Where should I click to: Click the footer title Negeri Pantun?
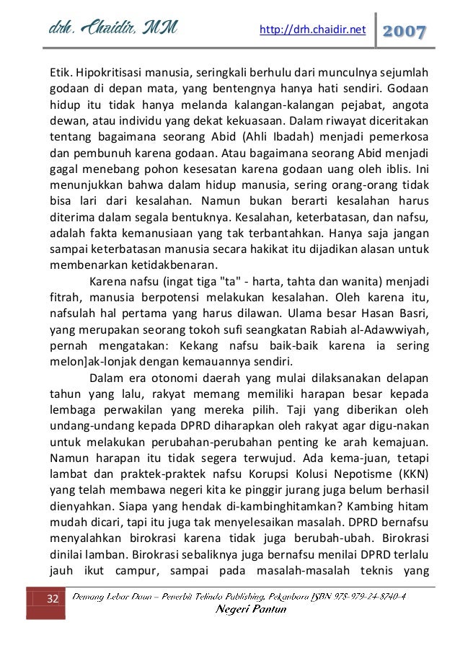(252, 610)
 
